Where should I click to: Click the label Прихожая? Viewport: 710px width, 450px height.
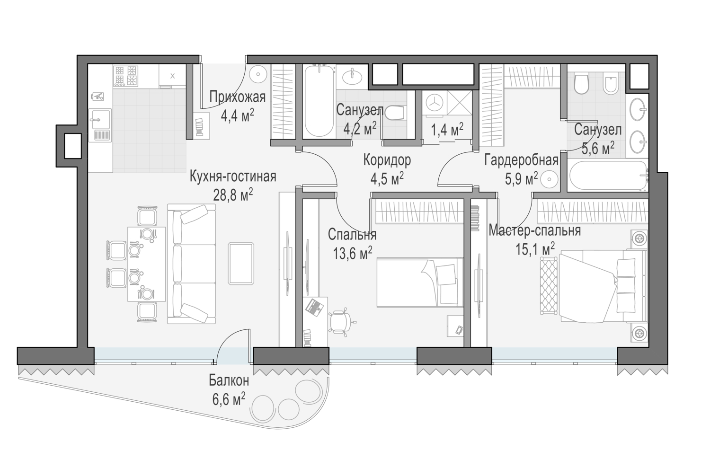tap(238, 97)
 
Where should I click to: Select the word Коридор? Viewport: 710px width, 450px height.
tap(387, 160)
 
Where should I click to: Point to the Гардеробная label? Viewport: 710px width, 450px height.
tap(522, 160)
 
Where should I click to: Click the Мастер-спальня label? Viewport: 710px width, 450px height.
tap(535, 230)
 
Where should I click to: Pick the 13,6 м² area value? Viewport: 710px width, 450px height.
tap(353, 253)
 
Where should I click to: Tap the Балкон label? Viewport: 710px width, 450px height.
tap(229, 380)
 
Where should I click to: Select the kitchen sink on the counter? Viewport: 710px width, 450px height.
tap(100, 125)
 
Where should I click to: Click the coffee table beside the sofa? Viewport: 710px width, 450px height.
tap(241, 264)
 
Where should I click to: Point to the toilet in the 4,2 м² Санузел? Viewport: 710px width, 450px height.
tap(394, 113)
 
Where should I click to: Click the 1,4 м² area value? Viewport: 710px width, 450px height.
tap(447, 130)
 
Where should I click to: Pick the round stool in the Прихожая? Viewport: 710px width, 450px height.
tap(257, 74)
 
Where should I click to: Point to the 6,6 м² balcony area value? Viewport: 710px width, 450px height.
tap(229, 399)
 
